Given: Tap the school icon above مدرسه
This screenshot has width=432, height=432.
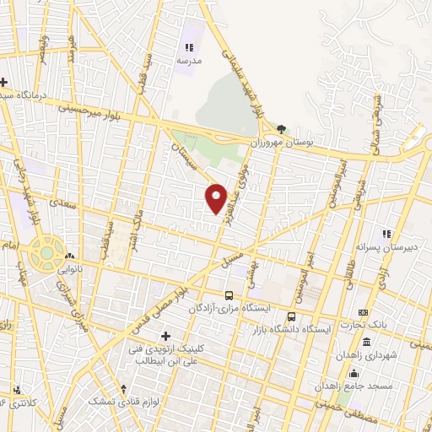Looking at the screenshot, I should (189, 48).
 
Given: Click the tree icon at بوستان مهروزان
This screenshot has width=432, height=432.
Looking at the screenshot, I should (281, 129).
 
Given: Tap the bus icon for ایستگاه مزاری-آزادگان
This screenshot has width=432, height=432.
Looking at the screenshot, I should (229, 296).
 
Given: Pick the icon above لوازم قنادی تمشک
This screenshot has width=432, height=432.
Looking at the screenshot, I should (124, 389).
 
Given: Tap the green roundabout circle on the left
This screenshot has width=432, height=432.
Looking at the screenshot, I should (41, 250).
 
